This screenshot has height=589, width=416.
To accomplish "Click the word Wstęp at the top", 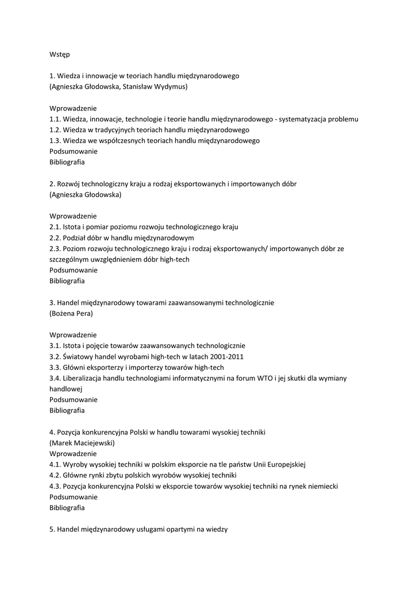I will pyautogui.click(x=60, y=54).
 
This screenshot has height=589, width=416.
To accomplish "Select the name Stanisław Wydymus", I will pyautogui.click(x=155, y=86).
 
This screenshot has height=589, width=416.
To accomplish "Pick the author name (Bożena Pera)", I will pyautogui.click(x=71, y=313).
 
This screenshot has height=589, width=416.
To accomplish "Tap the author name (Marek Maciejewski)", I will pyautogui.click(x=82, y=443).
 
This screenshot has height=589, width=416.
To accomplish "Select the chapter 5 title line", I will pyautogui.click(x=139, y=529).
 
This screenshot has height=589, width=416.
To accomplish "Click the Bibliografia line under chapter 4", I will pyautogui.click(x=67, y=508).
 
